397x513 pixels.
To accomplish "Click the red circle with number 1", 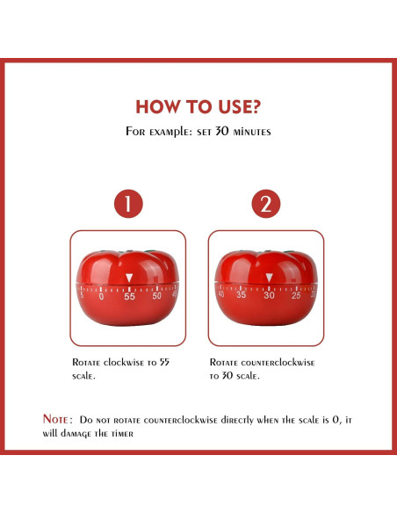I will [x=128, y=206].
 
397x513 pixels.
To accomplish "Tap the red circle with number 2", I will [x=265, y=206].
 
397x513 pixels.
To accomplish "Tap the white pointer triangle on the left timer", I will [x=130, y=279].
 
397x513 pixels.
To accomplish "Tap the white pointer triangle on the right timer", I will [x=269, y=279].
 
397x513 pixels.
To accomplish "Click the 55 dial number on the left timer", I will [x=130, y=296].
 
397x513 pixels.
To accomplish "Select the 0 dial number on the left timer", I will [x=102, y=296].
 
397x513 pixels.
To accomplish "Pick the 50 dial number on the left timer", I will [x=157, y=295].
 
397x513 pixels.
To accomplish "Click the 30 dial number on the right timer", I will [x=269, y=295].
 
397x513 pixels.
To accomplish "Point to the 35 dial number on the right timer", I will [x=242, y=294].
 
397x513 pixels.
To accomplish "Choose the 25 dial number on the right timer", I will [x=295, y=294].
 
